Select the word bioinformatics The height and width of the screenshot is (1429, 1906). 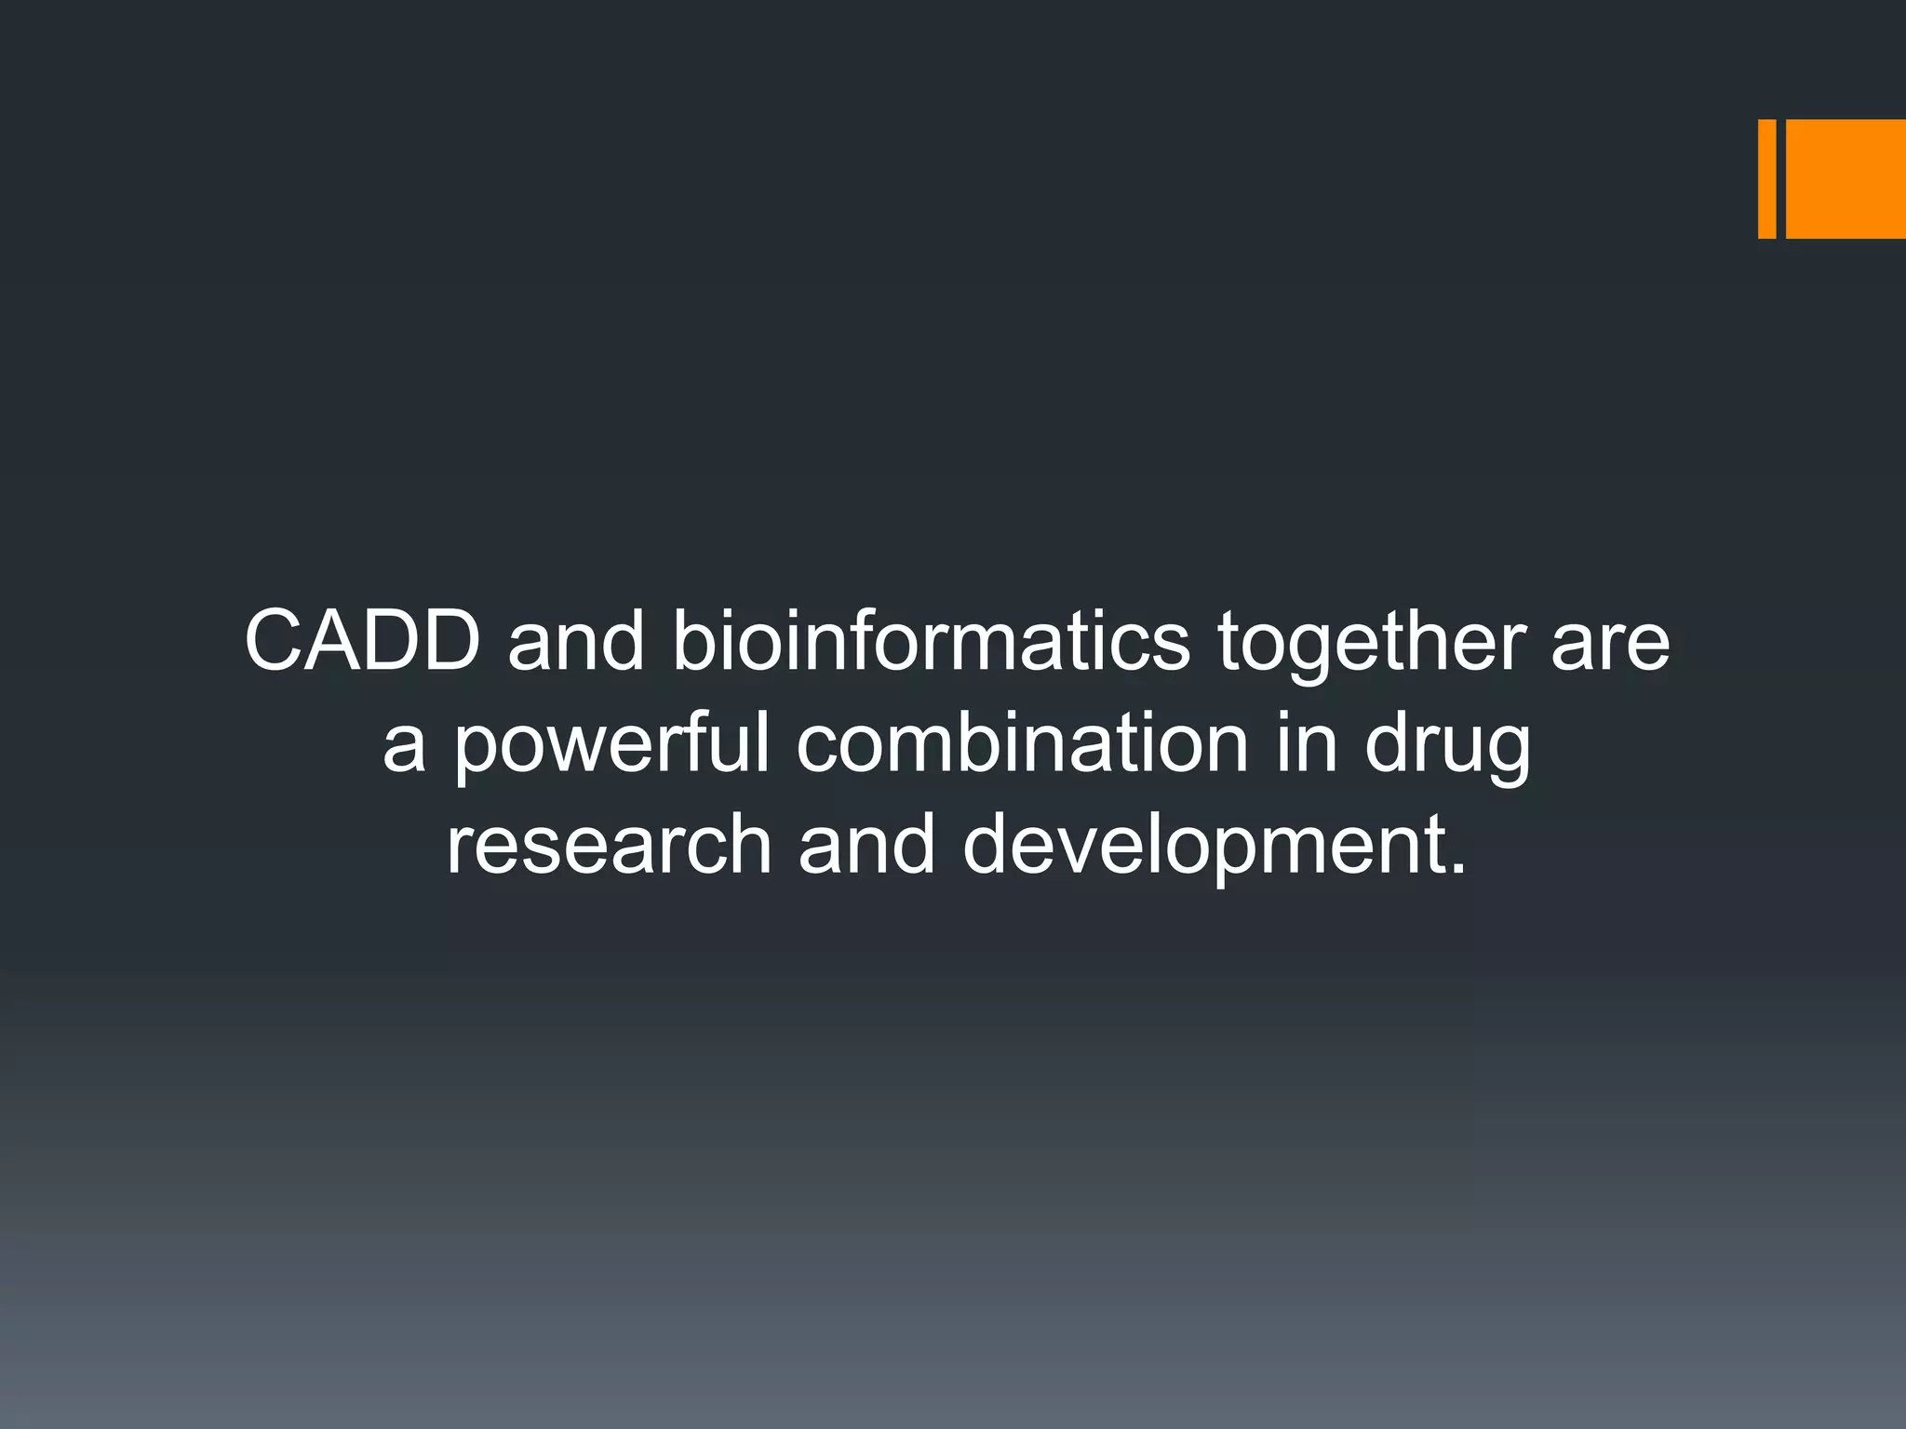coord(931,642)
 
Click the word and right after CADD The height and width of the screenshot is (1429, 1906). coord(576,642)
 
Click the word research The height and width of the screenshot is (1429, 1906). coord(609,844)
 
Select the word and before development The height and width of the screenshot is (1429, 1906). coord(866,844)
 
